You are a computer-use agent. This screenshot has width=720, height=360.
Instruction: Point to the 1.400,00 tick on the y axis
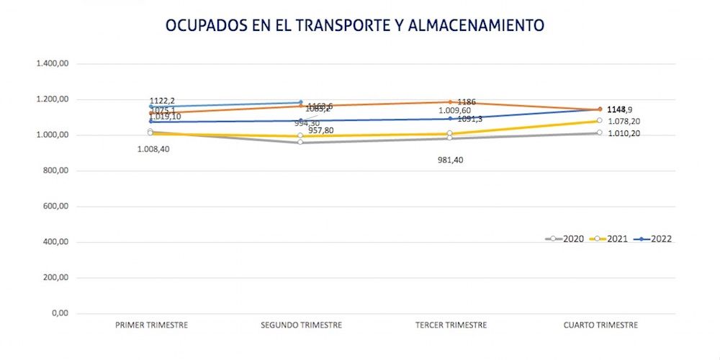(x=52, y=64)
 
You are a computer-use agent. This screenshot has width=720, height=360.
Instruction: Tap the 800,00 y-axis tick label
(x=55, y=171)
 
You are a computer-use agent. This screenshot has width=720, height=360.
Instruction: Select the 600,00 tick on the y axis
(x=55, y=207)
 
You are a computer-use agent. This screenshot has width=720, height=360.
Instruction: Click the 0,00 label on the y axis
(x=59, y=314)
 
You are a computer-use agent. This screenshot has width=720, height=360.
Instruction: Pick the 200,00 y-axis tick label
(x=55, y=278)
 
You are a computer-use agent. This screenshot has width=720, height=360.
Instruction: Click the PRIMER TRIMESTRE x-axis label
(x=151, y=325)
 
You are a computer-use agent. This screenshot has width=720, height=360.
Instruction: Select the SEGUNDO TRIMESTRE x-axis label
(x=301, y=325)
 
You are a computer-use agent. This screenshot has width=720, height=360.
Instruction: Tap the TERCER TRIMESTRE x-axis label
(x=451, y=325)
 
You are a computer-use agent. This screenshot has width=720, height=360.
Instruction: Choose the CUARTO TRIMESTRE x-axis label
(x=600, y=325)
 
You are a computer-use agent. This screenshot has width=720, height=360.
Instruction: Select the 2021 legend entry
(x=609, y=239)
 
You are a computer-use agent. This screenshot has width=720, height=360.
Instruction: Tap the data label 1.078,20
(x=624, y=122)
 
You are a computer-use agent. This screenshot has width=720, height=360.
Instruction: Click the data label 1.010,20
(x=624, y=134)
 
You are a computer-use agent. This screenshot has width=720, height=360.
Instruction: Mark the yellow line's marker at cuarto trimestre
(x=600, y=120)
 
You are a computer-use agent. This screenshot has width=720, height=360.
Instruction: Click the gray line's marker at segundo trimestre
(x=300, y=142)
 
